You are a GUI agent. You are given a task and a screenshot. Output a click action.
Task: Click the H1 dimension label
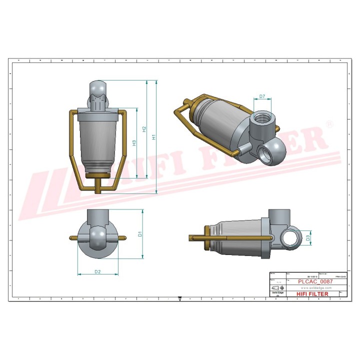[154, 135]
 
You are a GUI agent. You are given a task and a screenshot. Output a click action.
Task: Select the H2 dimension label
[144, 129]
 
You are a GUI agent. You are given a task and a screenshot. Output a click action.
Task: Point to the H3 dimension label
[134, 143]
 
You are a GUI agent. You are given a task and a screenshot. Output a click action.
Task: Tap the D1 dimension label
[140, 233]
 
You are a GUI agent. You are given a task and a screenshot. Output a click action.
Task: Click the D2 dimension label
[98, 271]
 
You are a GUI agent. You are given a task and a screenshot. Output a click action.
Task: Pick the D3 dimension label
[308, 238]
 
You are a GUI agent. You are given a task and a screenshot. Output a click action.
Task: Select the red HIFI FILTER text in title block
[312, 294]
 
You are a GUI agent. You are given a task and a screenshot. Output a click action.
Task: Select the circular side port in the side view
[289, 236]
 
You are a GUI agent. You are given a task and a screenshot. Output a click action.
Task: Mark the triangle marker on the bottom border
[179, 298]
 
